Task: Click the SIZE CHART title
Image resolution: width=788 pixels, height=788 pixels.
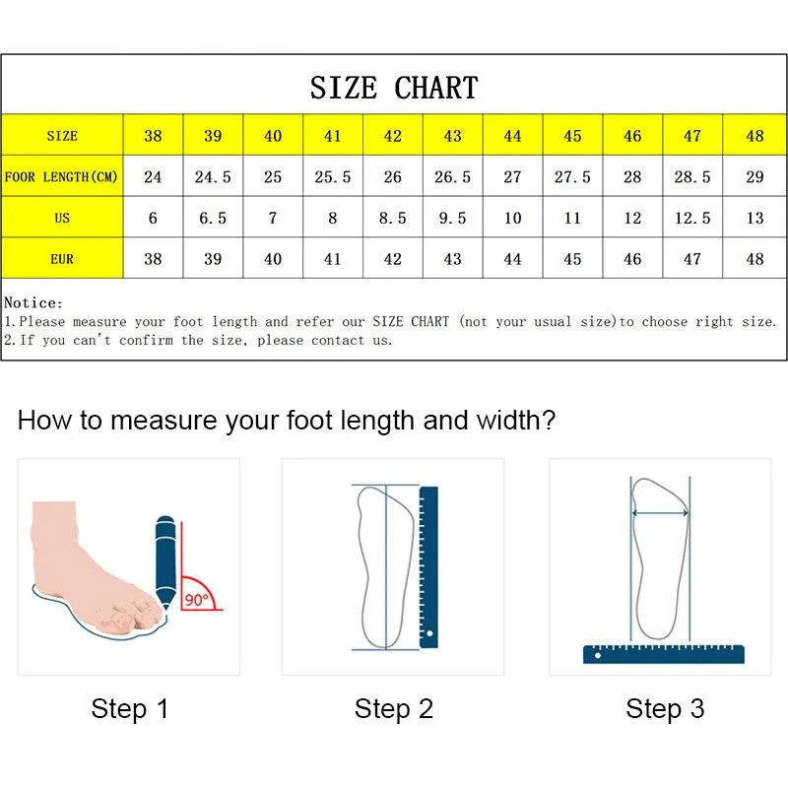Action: (x=394, y=88)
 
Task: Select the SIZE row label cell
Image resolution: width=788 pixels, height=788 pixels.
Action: (x=62, y=136)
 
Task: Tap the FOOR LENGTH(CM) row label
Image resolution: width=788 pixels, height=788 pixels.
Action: (x=62, y=177)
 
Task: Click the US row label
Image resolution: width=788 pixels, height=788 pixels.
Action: (x=62, y=219)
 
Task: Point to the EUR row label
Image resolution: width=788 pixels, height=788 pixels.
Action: (x=62, y=259)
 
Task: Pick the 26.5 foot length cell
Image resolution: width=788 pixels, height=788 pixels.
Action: (x=452, y=177)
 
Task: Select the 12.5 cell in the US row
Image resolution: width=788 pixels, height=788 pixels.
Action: (x=692, y=219)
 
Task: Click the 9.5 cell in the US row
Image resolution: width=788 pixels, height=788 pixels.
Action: (x=452, y=219)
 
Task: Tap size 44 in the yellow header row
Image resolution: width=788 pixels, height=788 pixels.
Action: (x=512, y=136)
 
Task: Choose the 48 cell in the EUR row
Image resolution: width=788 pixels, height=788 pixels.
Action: (x=755, y=259)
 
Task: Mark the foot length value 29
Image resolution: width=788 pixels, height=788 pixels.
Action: (x=755, y=177)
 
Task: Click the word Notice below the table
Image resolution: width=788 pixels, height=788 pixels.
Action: (x=33, y=303)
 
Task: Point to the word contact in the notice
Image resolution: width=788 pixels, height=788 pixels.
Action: (x=337, y=340)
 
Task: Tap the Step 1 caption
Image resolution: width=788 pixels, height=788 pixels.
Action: (x=130, y=709)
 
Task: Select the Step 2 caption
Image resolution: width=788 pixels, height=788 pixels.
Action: (x=394, y=709)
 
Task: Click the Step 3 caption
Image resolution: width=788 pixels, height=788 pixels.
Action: (x=665, y=709)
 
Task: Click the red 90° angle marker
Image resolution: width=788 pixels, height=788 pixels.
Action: (x=199, y=594)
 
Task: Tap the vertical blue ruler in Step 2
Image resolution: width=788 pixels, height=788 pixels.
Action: (x=428, y=566)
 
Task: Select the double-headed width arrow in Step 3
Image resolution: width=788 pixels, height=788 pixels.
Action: (x=660, y=513)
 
